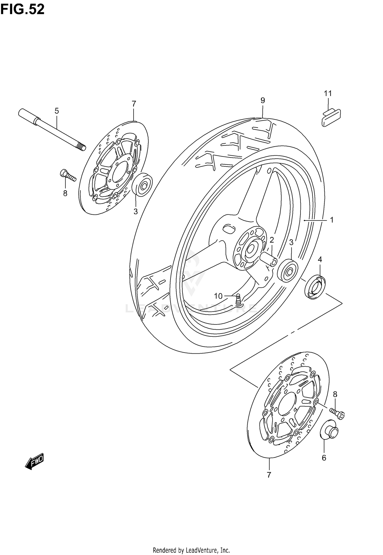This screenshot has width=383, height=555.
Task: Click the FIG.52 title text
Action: pyautogui.click(x=22, y=9)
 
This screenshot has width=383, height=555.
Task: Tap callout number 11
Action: pyautogui.click(x=328, y=94)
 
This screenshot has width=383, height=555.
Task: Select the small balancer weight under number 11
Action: pyautogui.click(x=331, y=117)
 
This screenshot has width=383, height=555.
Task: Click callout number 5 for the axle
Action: pyautogui.click(x=57, y=111)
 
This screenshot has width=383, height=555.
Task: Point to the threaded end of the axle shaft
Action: pyautogui.click(x=81, y=147)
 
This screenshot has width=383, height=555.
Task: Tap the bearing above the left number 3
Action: pyautogui.click(x=142, y=184)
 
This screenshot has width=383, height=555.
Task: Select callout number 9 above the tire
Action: pyautogui.click(x=263, y=100)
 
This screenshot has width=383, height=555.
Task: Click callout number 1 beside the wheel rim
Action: pyautogui.click(x=331, y=220)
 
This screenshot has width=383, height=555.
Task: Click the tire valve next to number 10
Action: pyautogui.click(x=239, y=300)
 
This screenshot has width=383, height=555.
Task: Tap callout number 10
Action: pyautogui.click(x=218, y=296)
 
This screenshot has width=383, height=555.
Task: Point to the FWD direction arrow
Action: pyautogui.click(x=34, y=461)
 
